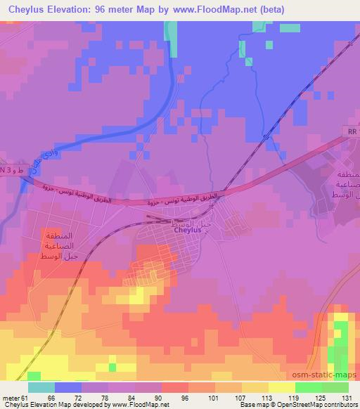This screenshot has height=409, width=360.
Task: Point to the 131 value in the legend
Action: pos(345,398)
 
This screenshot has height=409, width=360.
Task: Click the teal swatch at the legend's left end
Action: pos(41,387)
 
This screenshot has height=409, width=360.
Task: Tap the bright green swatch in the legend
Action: pos(308,387)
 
